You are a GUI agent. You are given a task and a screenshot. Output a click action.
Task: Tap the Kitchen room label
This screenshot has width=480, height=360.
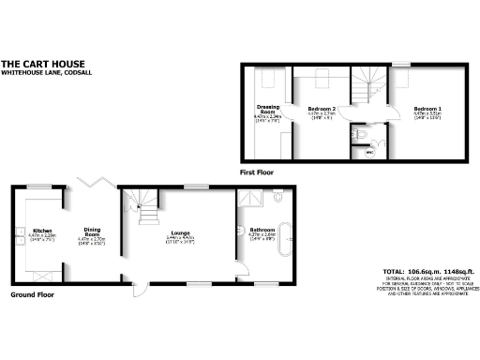point(43,231)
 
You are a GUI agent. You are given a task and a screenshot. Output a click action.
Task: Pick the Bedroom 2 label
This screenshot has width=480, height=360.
point(322,110)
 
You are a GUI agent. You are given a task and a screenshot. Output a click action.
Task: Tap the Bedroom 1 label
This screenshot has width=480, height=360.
point(427,109)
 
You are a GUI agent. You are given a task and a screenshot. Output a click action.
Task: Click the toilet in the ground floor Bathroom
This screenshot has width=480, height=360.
point(278,198)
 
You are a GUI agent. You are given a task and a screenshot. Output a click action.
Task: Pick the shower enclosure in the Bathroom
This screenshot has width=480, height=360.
point(250,200)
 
